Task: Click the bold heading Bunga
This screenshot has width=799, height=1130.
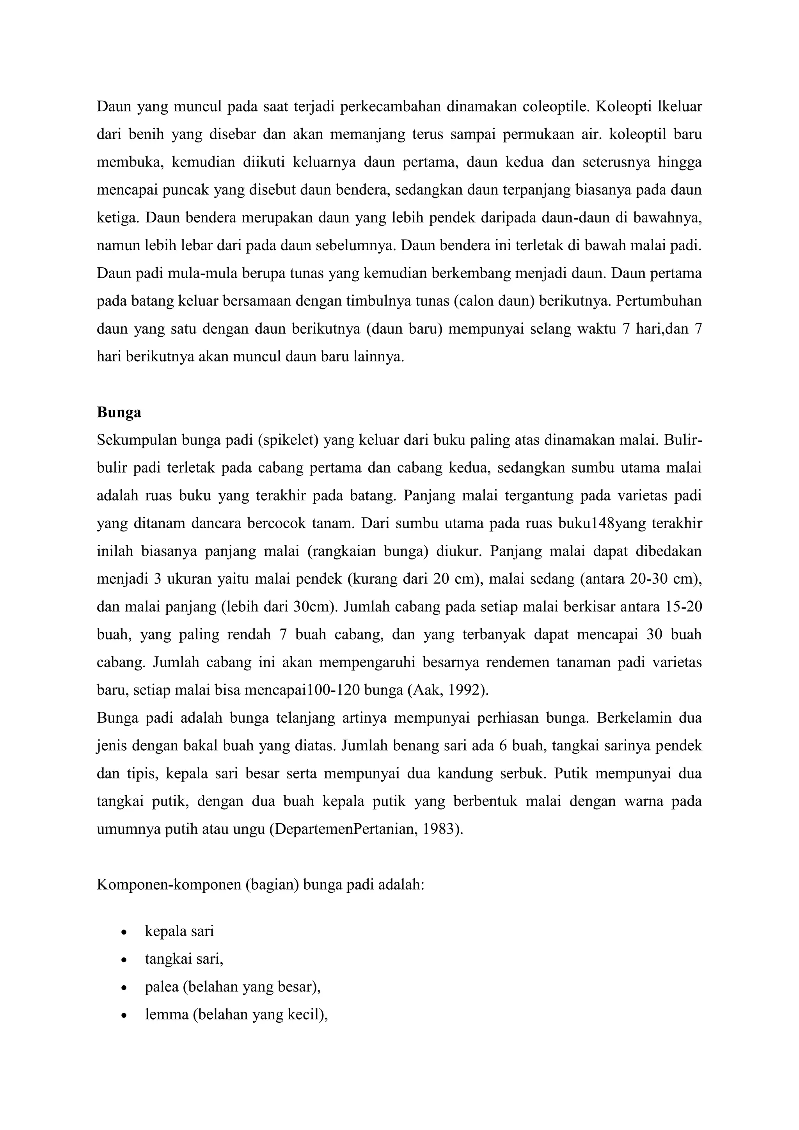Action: pos(119,412)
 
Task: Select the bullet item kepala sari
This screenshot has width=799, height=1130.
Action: pos(179,931)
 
